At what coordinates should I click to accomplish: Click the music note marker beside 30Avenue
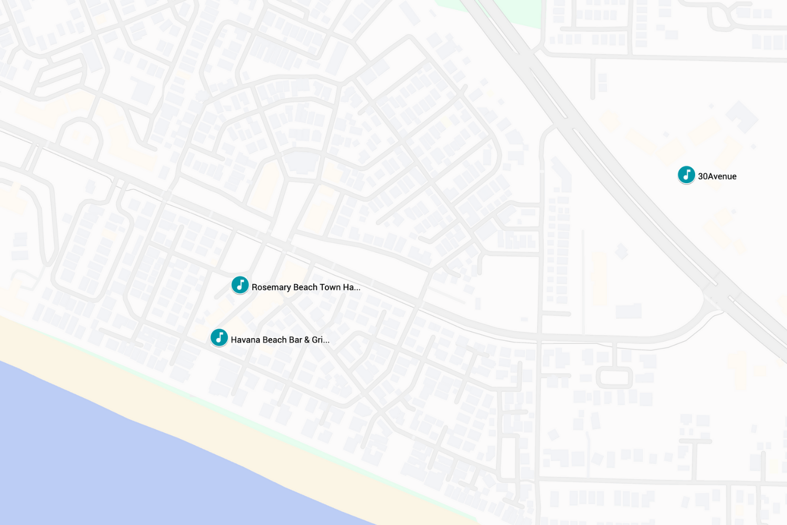pyautogui.click(x=686, y=175)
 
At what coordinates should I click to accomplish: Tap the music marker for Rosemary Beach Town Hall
pyautogui.click(x=240, y=285)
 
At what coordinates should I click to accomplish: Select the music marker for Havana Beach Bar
pyautogui.click(x=219, y=338)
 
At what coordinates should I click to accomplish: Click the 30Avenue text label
pyautogui.click(x=717, y=176)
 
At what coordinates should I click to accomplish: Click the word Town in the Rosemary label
pyautogui.click(x=330, y=287)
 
